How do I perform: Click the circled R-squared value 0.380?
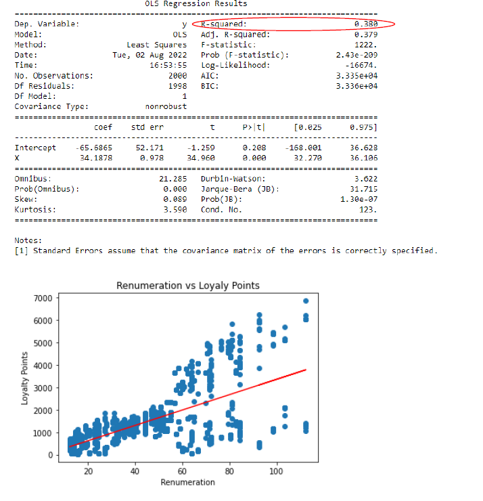(365, 24)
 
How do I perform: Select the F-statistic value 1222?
(366, 44)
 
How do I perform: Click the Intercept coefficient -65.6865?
(94, 148)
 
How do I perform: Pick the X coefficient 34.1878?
(96, 157)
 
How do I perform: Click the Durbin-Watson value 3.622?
(365, 178)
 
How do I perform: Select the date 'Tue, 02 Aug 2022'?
(149, 54)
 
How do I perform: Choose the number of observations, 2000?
(177, 75)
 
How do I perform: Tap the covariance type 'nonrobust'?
(166, 106)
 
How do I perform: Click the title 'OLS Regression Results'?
(196, 4)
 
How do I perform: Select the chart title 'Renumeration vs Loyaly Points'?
(188, 286)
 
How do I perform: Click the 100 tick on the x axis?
(276, 471)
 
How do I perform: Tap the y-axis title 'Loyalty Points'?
(24, 378)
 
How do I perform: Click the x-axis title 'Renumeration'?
(187, 482)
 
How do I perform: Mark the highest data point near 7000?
(306, 301)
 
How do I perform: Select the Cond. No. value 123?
(368, 210)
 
